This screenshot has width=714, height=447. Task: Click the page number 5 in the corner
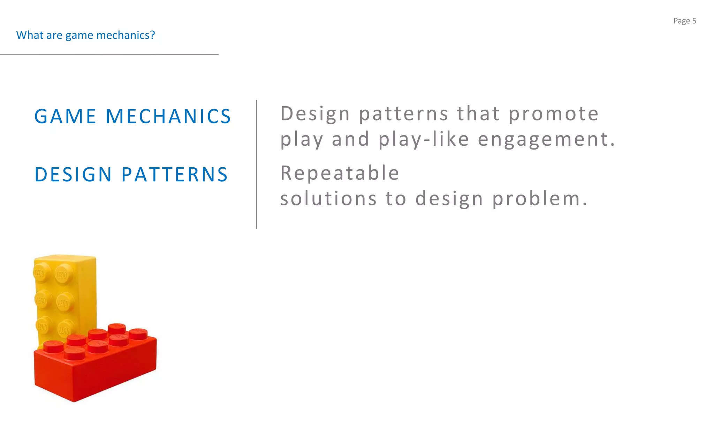(x=694, y=21)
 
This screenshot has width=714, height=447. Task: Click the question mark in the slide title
(x=152, y=35)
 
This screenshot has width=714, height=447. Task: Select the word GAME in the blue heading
(x=65, y=116)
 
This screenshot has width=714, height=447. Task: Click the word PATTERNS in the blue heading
(x=174, y=175)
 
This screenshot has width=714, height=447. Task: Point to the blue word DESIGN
(x=73, y=175)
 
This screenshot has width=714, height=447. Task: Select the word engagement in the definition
(x=546, y=140)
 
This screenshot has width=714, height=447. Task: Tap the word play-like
(x=424, y=140)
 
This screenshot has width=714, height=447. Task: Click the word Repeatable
(x=340, y=173)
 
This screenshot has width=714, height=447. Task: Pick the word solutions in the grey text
(x=328, y=198)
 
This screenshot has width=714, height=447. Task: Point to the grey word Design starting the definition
(x=315, y=114)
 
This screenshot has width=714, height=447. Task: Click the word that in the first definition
(x=478, y=113)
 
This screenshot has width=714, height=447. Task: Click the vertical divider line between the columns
(x=256, y=164)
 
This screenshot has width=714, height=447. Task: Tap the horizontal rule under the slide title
(x=109, y=54)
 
